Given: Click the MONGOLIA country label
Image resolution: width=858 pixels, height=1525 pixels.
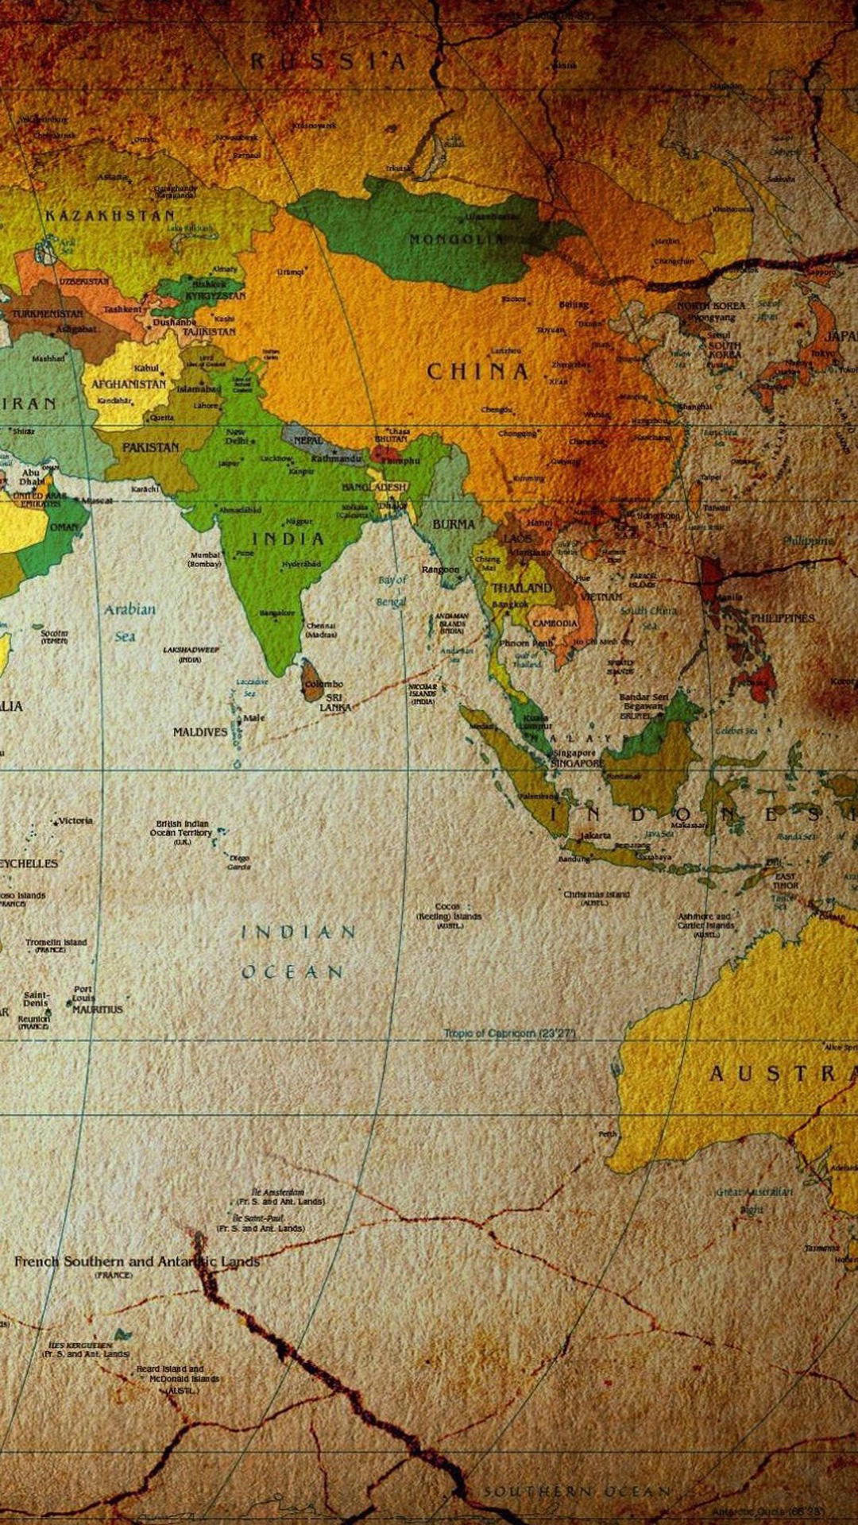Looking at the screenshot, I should pos(456,238).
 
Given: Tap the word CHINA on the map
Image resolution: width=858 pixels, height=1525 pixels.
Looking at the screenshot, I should pos(477,372).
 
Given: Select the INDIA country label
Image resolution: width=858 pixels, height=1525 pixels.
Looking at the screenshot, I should pos(288,539).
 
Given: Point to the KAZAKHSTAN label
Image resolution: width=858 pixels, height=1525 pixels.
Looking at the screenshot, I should pos(110,215).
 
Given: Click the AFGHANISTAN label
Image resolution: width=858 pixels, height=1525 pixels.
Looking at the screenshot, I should pos(129,384).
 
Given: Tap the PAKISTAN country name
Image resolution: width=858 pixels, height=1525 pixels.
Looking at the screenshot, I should pos(150,447).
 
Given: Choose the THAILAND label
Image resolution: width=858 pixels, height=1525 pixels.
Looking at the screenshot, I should pos(521,588).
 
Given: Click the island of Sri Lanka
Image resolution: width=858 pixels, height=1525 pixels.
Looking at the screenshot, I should pos(311,680).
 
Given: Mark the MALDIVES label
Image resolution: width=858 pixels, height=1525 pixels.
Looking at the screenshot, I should pos(199,732).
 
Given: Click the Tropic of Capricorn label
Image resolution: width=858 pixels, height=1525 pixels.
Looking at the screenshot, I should pos(509,1033).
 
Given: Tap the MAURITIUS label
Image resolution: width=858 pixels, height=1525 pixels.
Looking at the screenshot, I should pos(98,1010).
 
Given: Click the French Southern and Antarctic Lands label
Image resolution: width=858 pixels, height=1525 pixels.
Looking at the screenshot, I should pos(137,1261).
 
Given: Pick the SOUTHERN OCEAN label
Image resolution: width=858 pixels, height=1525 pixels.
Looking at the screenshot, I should pos(578,1491).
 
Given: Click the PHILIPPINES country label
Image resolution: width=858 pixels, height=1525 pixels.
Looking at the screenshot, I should pos(782,618).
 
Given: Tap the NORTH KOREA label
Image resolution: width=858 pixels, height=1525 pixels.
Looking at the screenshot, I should pos(710,306).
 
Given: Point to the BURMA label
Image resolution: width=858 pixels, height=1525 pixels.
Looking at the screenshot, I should pos(453,524).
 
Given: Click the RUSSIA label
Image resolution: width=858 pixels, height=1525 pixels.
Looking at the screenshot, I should pos(328,61).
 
